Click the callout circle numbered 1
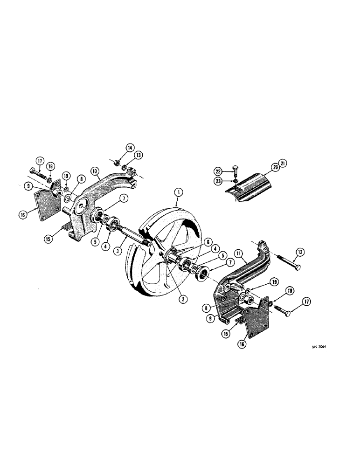(x=177, y=192)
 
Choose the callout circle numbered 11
(x=240, y=254)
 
